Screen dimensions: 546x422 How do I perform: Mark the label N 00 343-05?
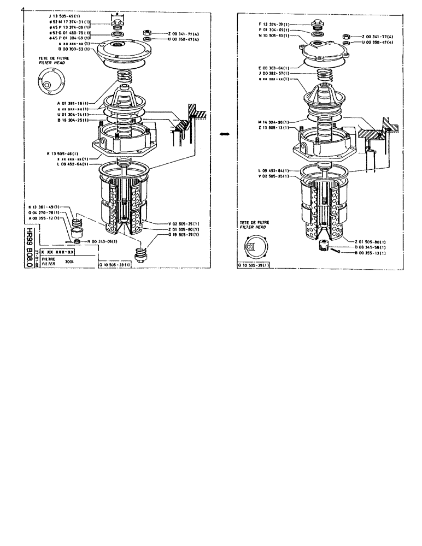pyautogui.click(x=101, y=241)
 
